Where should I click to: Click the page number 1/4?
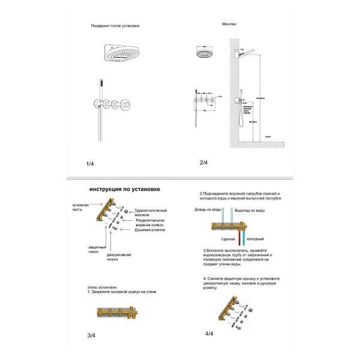click(90, 163)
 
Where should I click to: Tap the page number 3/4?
click(90, 334)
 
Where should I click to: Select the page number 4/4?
click(208, 333)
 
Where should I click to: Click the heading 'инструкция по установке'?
click(124, 190)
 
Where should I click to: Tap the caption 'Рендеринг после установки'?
click(116, 26)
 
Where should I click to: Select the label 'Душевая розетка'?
click(149, 230)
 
